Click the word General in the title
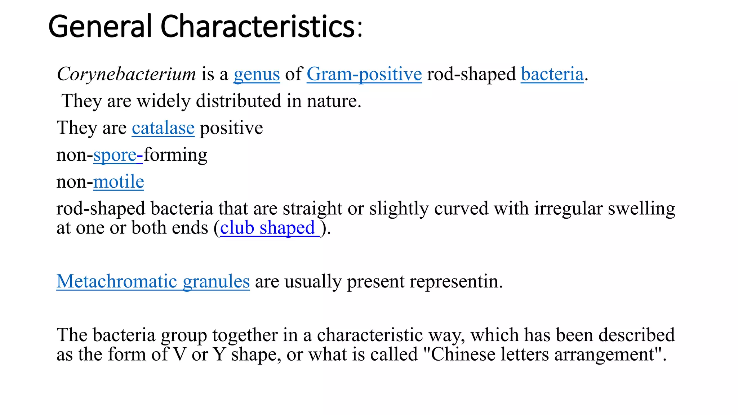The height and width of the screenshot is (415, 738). point(100,26)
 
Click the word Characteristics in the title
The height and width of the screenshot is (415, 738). point(258,26)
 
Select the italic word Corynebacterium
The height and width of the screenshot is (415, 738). point(126,74)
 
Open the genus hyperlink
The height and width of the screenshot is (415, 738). point(257,74)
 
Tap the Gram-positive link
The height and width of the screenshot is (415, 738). point(364,74)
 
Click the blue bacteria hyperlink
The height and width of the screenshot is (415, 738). point(552,74)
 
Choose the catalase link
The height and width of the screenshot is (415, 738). point(163,128)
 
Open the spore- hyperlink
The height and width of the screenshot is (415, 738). point(118,155)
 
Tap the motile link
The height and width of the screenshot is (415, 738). point(119,182)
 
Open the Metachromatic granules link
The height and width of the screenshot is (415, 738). point(153,281)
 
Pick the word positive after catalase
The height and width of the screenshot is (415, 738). point(231,128)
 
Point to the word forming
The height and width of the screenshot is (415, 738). point(175,155)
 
